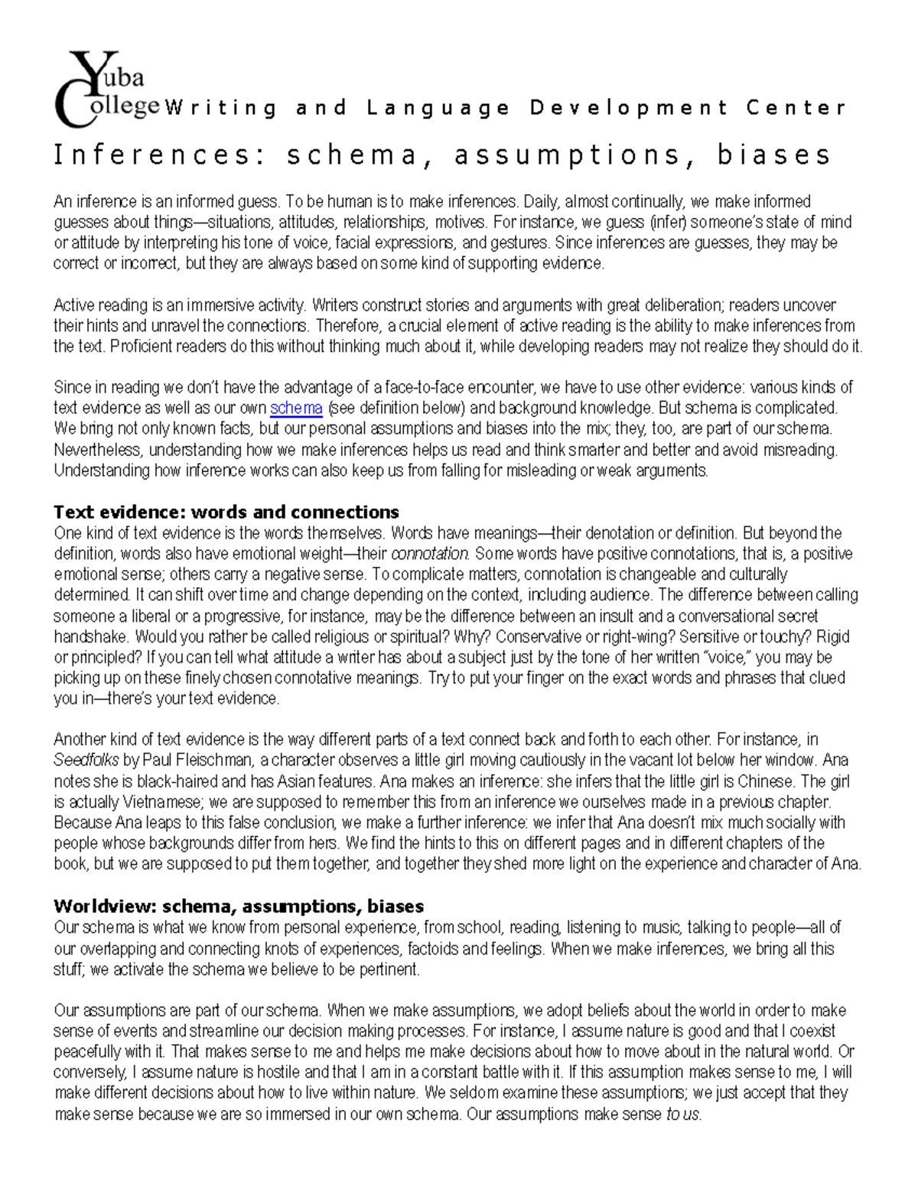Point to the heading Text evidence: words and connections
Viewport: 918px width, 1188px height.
pos(226,512)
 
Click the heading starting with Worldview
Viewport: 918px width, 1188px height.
pos(239,906)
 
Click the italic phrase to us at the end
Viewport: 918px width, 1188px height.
pos(682,1114)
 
